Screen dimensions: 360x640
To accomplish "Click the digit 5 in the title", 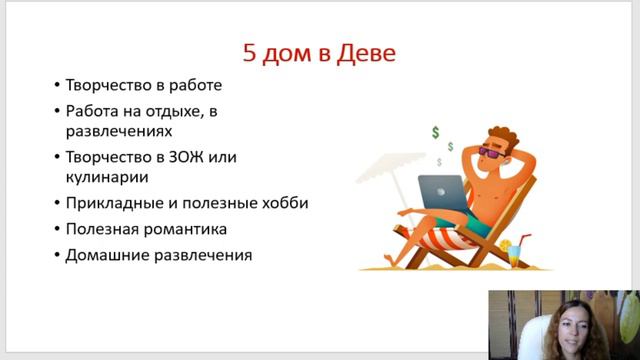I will coord(250,51).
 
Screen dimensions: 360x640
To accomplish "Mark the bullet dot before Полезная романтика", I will coord(56,229).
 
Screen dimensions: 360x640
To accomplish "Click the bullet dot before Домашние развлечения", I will coord(56,255).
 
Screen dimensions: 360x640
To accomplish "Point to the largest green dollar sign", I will coord(435,132).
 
